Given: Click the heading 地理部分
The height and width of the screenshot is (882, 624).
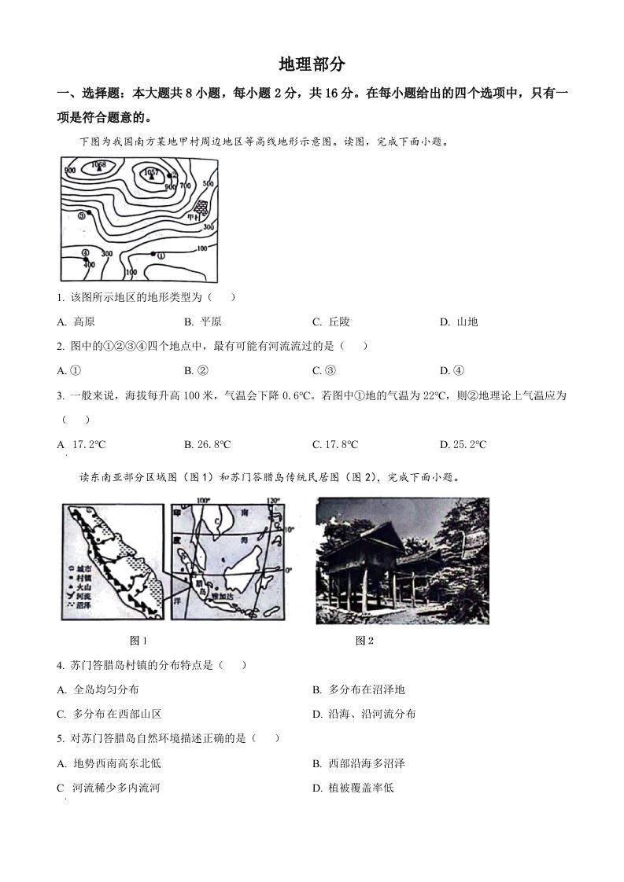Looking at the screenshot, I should [x=312, y=64].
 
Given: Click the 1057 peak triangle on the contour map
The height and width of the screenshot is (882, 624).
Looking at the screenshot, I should [x=153, y=177].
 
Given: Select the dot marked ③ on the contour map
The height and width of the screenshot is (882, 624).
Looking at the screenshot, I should [x=90, y=212].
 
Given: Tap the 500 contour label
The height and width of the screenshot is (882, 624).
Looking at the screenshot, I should [x=208, y=183].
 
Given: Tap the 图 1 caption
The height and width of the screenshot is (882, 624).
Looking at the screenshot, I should [x=138, y=641].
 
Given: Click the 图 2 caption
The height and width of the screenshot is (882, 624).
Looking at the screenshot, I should [x=364, y=641].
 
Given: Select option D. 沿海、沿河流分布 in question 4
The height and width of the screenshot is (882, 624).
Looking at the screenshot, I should [x=364, y=714].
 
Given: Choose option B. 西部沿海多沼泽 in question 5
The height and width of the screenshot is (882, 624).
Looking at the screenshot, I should [x=359, y=763].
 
